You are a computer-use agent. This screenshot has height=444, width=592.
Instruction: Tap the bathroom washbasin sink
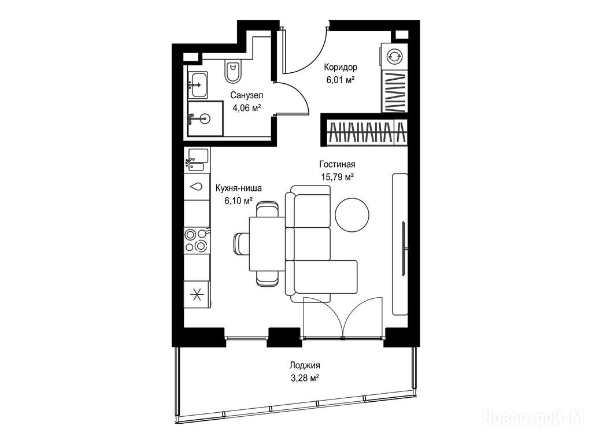198,85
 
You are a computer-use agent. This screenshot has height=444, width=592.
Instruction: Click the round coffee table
352,215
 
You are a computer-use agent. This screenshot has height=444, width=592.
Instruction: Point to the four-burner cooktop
197,240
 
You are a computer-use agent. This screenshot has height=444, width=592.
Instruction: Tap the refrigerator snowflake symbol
197,294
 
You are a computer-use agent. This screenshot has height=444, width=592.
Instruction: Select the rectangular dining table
267,244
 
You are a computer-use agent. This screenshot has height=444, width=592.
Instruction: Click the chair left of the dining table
241,245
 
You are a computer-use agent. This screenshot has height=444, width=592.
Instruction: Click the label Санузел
247,95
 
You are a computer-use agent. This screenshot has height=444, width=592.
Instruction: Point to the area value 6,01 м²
341,80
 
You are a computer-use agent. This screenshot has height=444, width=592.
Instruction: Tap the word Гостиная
337,164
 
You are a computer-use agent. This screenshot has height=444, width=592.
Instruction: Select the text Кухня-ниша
238,188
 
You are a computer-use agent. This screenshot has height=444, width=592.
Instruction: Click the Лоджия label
305,365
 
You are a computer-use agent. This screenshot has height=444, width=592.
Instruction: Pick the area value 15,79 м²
337,176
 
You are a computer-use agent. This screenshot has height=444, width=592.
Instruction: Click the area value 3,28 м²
305,378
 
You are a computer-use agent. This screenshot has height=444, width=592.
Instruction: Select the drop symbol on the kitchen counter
197,187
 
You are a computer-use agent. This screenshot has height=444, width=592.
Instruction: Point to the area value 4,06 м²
247,108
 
